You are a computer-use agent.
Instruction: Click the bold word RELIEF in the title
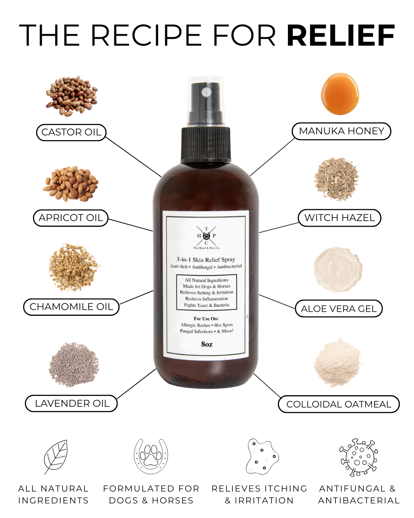[340, 36]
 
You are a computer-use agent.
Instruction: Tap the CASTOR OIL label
[71, 132]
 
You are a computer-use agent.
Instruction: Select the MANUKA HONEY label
[341, 131]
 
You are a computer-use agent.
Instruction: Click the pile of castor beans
[72, 96]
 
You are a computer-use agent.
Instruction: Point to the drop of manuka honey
[340, 94]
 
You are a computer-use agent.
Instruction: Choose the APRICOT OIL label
[71, 218]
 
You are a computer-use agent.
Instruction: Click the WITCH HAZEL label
[339, 218]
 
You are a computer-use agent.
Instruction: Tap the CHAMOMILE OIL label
[71, 307]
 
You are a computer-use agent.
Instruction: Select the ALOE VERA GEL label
[339, 309]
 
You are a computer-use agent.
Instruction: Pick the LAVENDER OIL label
[71, 404]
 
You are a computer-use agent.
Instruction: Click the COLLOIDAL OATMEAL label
[338, 404]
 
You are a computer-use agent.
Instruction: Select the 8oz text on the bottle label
[207, 344]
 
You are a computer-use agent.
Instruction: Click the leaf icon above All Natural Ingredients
[56, 457]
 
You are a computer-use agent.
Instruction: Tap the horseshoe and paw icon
[151, 456]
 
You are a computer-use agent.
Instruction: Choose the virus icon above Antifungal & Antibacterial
[358, 457]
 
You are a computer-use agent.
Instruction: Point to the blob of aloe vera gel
[338, 269]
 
